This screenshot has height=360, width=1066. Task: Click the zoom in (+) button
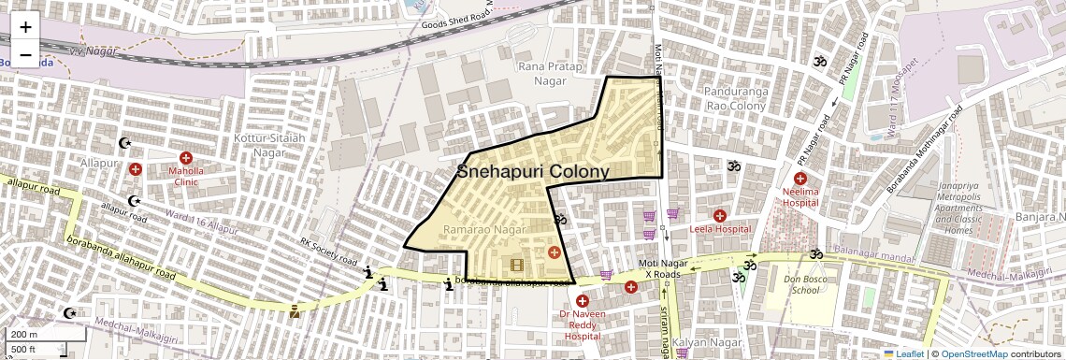tap(26, 27)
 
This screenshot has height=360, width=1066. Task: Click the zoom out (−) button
tap(26, 55)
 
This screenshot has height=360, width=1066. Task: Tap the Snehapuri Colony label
tap(533, 171)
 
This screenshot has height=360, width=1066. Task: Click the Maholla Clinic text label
tap(185, 177)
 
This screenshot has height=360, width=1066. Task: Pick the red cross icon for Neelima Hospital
tap(800, 178)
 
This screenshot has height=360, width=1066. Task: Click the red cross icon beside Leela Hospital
tap(720, 216)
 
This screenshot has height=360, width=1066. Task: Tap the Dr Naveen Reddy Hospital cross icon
tap(583, 300)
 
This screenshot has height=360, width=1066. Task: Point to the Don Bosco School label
tap(801, 284)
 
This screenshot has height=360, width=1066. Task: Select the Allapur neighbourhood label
tap(99, 163)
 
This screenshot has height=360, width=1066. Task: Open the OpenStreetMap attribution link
tap(974, 353)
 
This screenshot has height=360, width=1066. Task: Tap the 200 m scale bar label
tap(23, 334)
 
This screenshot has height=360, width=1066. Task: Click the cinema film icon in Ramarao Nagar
tap(517, 265)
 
